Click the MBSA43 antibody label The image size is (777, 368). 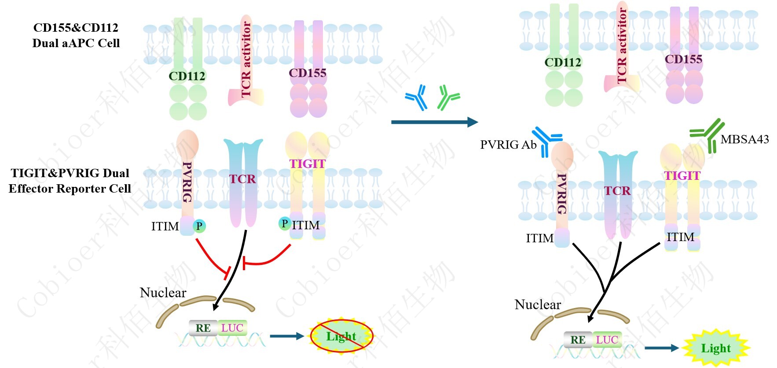pyautogui.click(x=744, y=139)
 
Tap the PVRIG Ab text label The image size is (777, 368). pyautogui.click(x=508, y=145)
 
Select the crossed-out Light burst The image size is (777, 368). pyautogui.click(x=341, y=336)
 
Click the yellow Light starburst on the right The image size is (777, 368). pyautogui.click(x=715, y=348)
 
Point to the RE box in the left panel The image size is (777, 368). pyautogui.click(x=203, y=328)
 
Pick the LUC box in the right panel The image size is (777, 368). pyautogui.click(x=607, y=340)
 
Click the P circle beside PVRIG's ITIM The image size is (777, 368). pyautogui.click(x=199, y=226)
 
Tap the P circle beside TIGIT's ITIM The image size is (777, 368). pyautogui.click(x=285, y=224)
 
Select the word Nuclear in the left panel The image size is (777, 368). pyautogui.click(x=163, y=293)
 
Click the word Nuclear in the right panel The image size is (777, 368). pyautogui.click(x=538, y=305)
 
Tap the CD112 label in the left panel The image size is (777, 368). pyautogui.click(x=187, y=76)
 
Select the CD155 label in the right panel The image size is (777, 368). pyautogui.click(x=683, y=59)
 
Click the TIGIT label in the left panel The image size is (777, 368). pyautogui.click(x=307, y=164)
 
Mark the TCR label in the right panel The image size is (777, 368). pyautogui.click(x=617, y=191)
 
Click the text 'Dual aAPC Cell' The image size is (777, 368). pyautogui.click(x=76, y=43)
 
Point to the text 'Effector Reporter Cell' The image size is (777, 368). pyautogui.click(x=70, y=189)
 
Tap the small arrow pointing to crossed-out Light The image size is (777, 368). pyautogui.click(x=286, y=336)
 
